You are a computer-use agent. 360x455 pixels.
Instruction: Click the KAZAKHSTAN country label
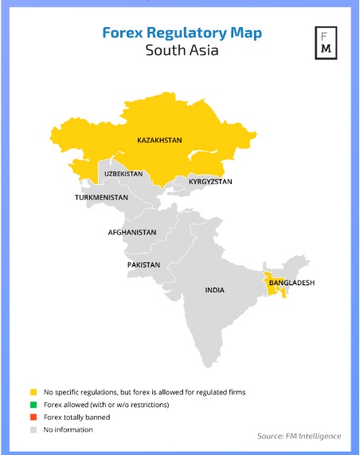coord(159,140)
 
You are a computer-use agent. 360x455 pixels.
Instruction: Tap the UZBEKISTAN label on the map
coord(123,173)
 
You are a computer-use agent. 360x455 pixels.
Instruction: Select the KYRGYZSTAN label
coord(210,182)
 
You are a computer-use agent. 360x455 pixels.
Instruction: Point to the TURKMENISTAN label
coord(101,197)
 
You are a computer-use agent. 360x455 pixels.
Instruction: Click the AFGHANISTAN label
coord(132,233)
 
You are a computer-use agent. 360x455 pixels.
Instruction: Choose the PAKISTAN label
coord(143,265)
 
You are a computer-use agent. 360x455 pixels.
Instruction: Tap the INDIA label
coord(214,290)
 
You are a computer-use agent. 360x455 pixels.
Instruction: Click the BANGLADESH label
coord(292,283)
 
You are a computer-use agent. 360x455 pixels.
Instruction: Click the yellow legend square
coord(33,392)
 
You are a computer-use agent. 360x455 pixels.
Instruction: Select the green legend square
coord(33,405)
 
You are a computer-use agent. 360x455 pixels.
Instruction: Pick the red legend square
coord(33,417)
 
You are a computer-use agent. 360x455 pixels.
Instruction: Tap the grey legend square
coord(33,430)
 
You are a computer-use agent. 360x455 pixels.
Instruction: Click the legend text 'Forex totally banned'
coord(77,417)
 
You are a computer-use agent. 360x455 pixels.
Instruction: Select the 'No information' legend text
coord(68,430)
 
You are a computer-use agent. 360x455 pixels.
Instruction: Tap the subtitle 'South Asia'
coord(182,51)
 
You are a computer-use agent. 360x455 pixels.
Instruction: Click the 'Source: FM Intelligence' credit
coord(299,436)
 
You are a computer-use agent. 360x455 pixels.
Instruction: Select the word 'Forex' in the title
coord(123,33)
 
